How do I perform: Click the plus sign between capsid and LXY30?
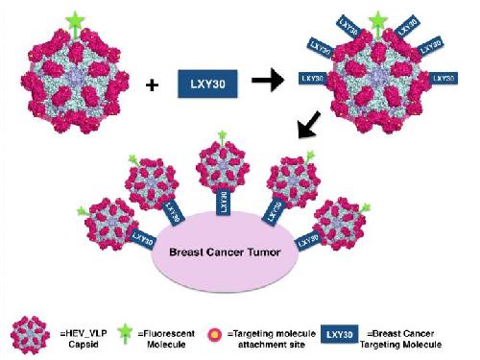(x=152, y=85)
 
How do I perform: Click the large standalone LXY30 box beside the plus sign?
(x=207, y=84)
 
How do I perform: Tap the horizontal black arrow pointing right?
(x=268, y=80)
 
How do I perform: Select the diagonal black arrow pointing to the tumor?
(x=308, y=124)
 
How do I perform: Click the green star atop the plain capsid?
(x=75, y=22)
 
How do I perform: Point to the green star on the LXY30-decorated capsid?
(x=378, y=22)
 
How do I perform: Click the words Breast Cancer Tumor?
(x=225, y=252)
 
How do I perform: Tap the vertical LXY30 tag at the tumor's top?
(x=224, y=203)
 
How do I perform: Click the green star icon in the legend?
(x=125, y=333)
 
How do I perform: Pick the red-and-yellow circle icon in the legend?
(x=215, y=335)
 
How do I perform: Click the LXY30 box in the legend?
(x=340, y=334)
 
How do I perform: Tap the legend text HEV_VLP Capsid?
(x=84, y=339)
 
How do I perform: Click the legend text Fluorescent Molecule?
(x=166, y=339)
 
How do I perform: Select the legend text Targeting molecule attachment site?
(x=272, y=339)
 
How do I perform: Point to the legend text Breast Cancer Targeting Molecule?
(x=400, y=339)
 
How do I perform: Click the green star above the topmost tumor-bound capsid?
(x=222, y=135)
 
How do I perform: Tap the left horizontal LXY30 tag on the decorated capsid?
(x=312, y=79)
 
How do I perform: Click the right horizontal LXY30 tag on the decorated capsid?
(x=444, y=79)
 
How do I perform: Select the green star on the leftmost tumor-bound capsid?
(x=82, y=211)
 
